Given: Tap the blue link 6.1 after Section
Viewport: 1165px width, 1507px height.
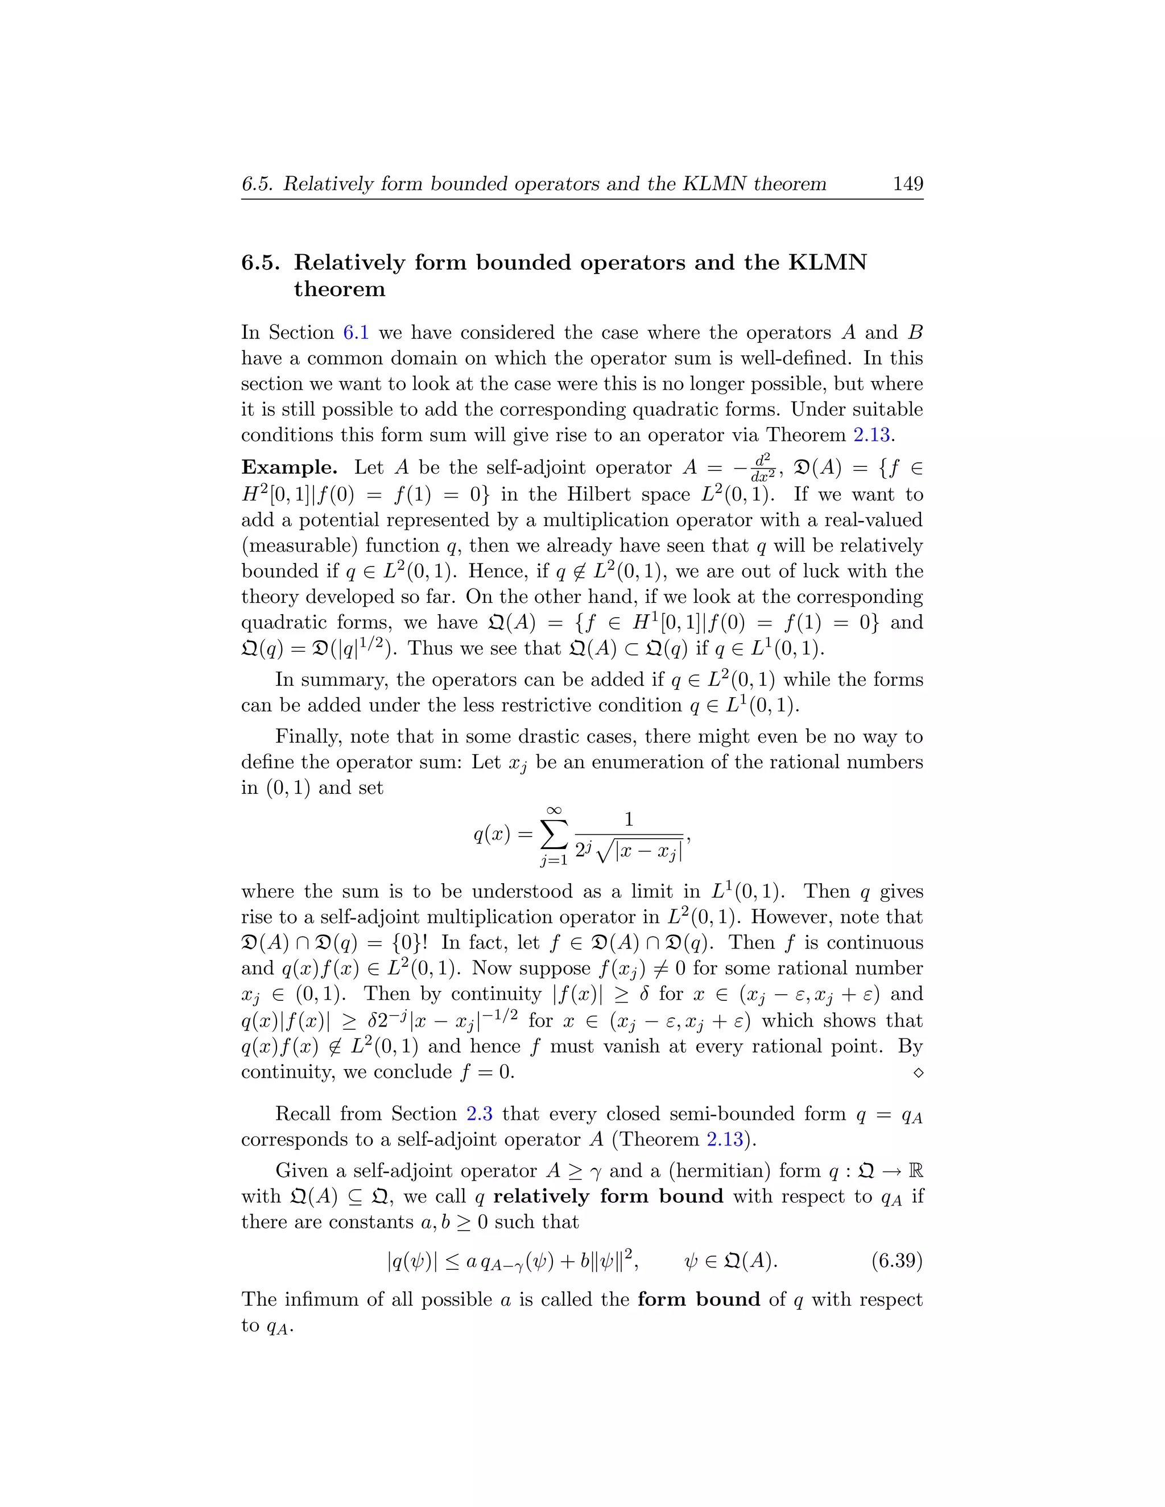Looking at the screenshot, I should coord(356,333).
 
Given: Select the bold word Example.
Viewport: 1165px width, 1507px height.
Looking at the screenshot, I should coord(289,468).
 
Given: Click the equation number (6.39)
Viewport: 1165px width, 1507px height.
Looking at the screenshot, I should coord(897,1261).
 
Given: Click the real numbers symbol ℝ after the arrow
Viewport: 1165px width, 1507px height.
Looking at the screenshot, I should coord(916,1170).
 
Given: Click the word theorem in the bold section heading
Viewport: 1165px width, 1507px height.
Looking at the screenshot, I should coord(339,289).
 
